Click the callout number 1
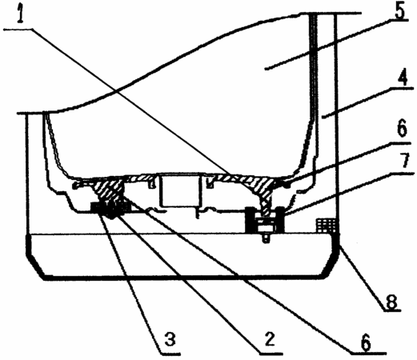tap(21, 13)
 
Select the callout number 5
tap(399, 10)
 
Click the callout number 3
tap(170, 340)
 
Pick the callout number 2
tap(270, 338)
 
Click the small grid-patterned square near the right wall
tap(326, 226)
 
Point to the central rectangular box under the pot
tap(181, 190)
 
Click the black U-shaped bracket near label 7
tap(265, 219)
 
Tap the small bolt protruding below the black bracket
tap(265, 238)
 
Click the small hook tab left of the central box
tap(152, 183)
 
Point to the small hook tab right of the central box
tap(211, 183)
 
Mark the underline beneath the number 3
tap(170, 354)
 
